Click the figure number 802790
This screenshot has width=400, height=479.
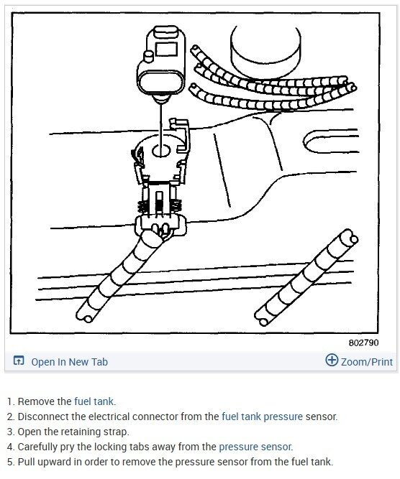click(x=363, y=343)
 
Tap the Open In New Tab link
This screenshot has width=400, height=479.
click(x=70, y=362)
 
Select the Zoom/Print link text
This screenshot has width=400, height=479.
click(x=367, y=362)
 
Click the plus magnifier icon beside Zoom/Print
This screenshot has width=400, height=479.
click(x=332, y=360)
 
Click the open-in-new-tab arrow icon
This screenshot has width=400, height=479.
click(x=19, y=361)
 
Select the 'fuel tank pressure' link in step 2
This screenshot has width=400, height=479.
click(x=262, y=417)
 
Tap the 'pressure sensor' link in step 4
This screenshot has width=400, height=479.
click(x=256, y=447)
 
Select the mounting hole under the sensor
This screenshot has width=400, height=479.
click(x=161, y=151)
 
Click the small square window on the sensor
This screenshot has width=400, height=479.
click(x=166, y=49)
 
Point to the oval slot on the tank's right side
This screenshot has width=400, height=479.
click(x=330, y=141)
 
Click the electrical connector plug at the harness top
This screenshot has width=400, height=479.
click(x=160, y=225)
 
